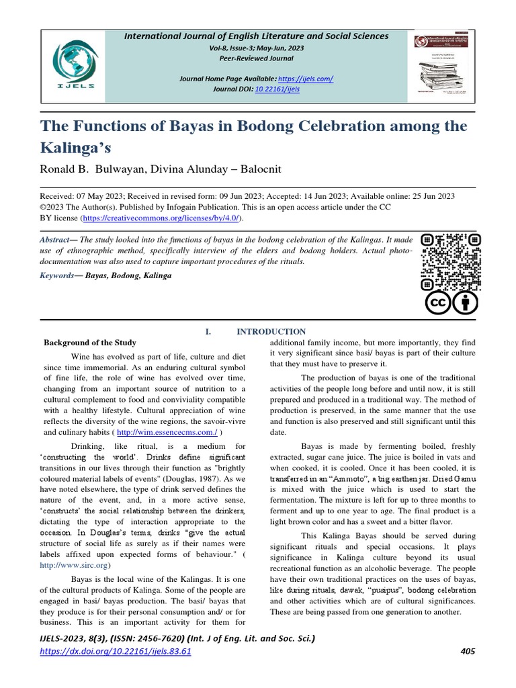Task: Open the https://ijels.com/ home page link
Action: [306, 79]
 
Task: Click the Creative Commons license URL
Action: [161, 218]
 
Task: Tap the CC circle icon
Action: [437, 303]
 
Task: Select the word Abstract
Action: [54, 240]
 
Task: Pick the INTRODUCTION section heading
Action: [271, 331]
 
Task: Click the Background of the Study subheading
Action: [90, 342]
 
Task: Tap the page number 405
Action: [468, 651]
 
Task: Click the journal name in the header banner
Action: [256, 36]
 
